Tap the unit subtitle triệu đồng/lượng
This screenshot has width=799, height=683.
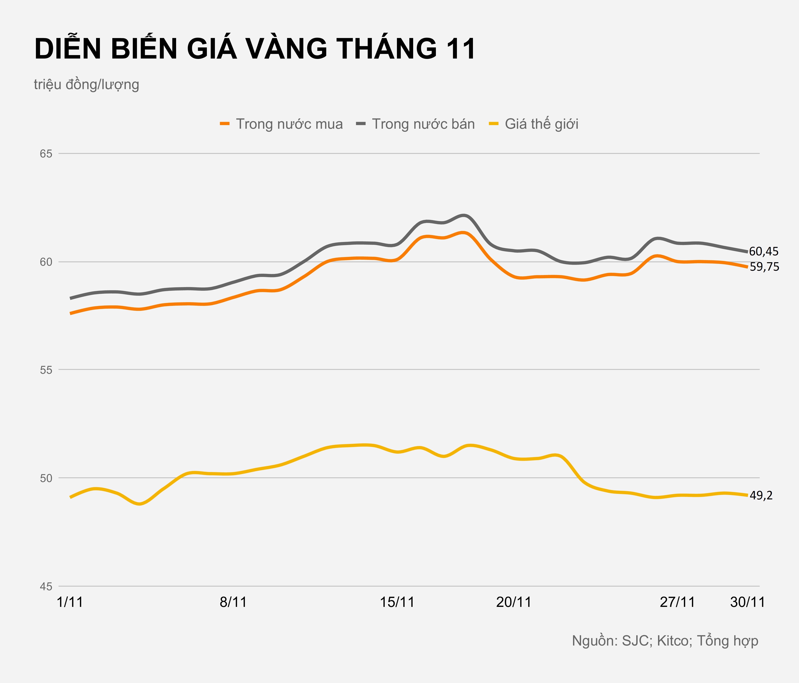pyautogui.click(x=86, y=85)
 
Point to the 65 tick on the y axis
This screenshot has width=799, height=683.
pyautogui.click(x=46, y=154)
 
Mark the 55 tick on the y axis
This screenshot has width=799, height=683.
pyautogui.click(x=46, y=370)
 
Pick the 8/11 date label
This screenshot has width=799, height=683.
pyautogui.click(x=233, y=602)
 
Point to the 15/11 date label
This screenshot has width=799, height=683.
pyautogui.click(x=397, y=602)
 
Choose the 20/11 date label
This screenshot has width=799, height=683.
pyautogui.click(x=514, y=602)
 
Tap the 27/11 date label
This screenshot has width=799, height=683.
pyautogui.click(x=678, y=602)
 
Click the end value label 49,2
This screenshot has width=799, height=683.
pyautogui.click(x=761, y=496)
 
